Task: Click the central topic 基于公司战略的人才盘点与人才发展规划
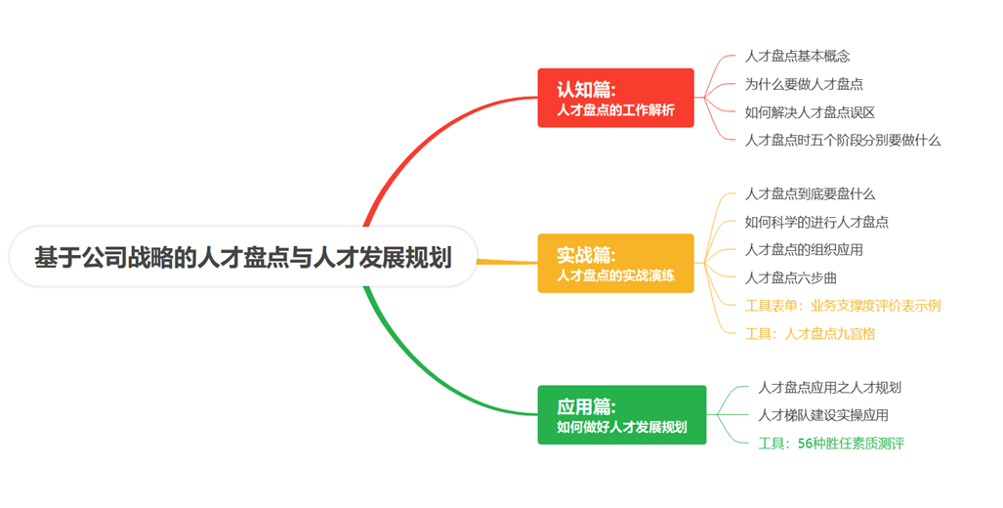243,257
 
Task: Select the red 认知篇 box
615,98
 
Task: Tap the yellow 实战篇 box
615,263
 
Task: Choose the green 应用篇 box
622,414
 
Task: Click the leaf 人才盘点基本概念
797,57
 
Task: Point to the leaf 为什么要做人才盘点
804,84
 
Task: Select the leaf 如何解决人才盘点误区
810,112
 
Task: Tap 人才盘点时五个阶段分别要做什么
843,140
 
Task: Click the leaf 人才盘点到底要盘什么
810,193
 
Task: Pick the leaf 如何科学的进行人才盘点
816,222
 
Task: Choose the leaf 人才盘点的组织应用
804,249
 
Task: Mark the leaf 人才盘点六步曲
791,277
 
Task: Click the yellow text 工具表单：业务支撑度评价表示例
843,306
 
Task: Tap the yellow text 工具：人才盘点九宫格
810,333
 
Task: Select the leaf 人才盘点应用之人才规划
830,387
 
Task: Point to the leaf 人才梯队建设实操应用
823,415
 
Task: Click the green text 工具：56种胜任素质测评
831,444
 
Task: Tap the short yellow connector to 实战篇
507,262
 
